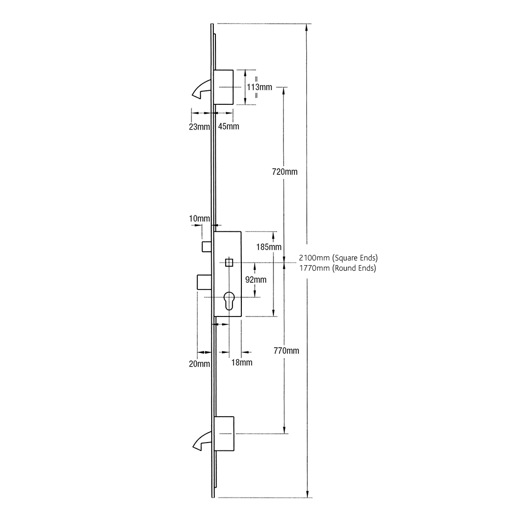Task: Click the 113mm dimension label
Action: [x=259, y=87]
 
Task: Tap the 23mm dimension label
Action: [x=199, y=127]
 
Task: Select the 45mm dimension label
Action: [x=229, y=127]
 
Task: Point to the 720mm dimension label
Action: [x=285, y=172]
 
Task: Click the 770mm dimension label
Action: [x=286, y=351]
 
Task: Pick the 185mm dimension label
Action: [x=269, y=247]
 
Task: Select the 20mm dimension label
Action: [x=199, y=364]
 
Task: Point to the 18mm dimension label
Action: [x=242, y=363]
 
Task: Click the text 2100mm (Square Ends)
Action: [x=338, y=258]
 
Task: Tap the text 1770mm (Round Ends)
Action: [x=338, y=268]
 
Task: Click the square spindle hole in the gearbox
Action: [x=229, y=263]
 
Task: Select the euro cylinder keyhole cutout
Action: [x=229, y=301]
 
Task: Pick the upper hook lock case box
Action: [x=224, y=88]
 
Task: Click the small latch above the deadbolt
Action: [x=206, y=246]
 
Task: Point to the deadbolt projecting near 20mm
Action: [x=203, y=283]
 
